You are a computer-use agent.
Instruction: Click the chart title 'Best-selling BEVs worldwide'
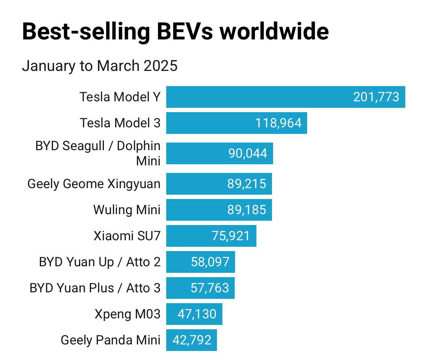pos(175,31)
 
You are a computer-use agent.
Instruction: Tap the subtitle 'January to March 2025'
pos(100,66)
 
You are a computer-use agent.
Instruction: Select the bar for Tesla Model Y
pos(254,97)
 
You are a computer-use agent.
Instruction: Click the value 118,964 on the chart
pos(278,123)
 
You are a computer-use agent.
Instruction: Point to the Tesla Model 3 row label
pos(120,123)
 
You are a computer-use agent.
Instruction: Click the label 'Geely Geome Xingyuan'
pos(94,184)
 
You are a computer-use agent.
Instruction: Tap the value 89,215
pos(247,184)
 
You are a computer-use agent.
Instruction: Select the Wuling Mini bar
pos(196,210)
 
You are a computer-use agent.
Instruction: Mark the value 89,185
pos(247,210)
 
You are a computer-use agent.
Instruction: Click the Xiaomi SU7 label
pos(127,236)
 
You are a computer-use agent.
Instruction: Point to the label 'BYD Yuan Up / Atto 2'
pos(100,262)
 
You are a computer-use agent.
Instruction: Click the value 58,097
pos(210,262)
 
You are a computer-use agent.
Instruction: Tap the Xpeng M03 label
pos(127,314)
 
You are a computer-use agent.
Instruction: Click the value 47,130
pos(197,314)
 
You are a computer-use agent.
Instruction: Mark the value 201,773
pos(376,97)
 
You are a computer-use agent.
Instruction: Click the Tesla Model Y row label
pos(120,97)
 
